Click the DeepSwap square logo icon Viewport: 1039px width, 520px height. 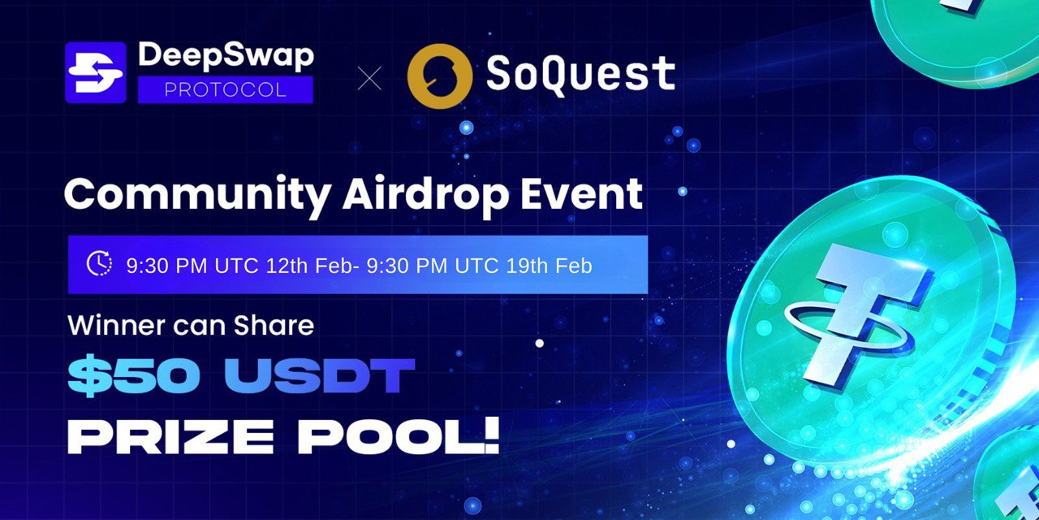coord(96,72)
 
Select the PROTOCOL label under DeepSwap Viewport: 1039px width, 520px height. coord(226,89)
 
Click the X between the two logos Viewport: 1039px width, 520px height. coord(369,77)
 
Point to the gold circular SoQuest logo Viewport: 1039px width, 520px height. coord(440,76)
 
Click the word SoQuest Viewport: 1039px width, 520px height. coord(580,74)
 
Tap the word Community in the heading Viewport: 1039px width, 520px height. coord(197,195)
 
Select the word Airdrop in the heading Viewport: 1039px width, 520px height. coord(425,195)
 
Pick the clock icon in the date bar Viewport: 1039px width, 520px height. coord(99,263)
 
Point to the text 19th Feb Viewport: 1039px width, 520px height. coord(549,266)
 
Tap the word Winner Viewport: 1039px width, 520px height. coord(116,325)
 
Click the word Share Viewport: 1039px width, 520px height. coord(274,325)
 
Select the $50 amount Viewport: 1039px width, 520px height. coord(134,375)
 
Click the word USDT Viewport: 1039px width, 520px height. coord(319,375)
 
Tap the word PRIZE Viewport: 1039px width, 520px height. coord(170,437)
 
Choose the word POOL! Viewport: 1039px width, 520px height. coord(399,436)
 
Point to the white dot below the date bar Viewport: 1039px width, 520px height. coord(540,343)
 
